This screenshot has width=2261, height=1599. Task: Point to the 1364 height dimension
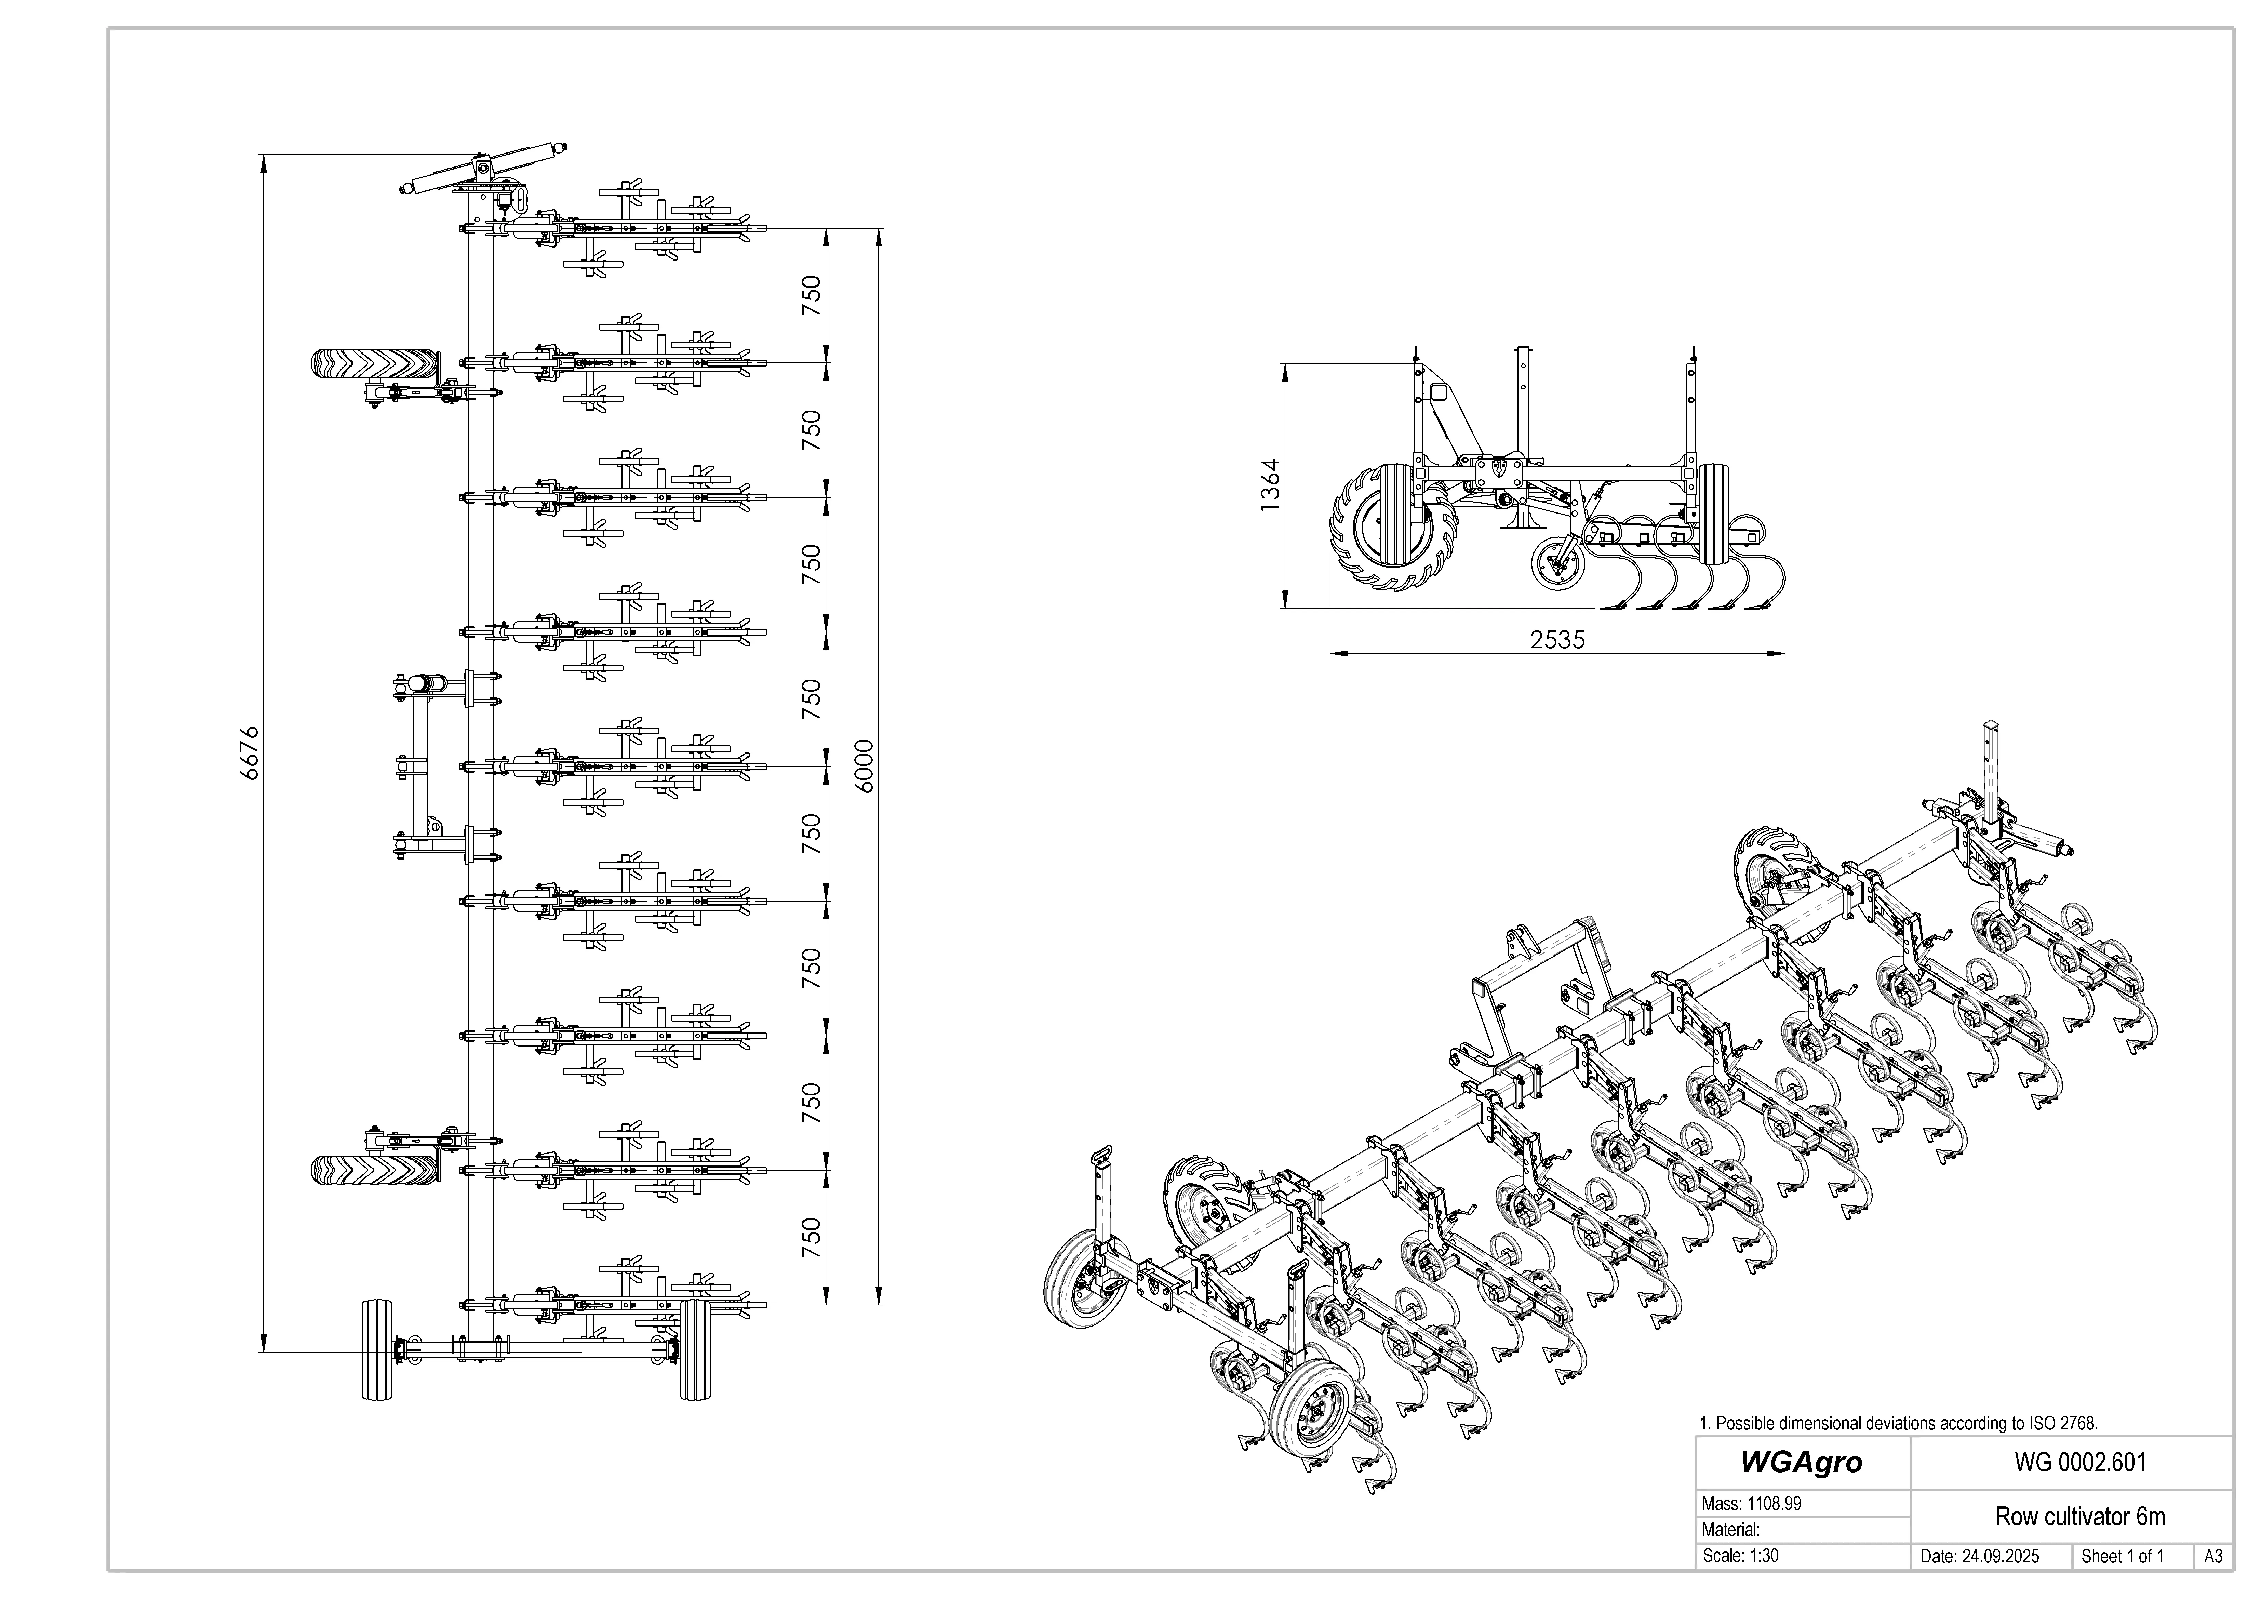[x=1270, y=484]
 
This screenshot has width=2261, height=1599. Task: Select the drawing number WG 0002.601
[x=2080, y=1462]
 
